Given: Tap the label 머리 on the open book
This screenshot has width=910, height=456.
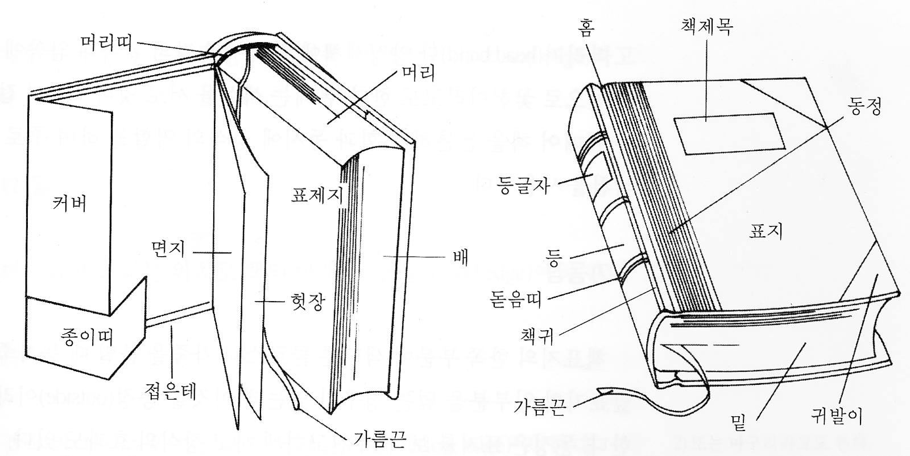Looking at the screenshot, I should [x=418, y=73].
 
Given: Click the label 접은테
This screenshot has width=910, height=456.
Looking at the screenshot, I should [x=171, y=391].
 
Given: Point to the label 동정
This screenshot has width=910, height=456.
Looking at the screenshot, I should [x=864, y=106].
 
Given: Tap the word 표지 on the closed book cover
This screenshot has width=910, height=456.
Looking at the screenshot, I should [x=766, y=230].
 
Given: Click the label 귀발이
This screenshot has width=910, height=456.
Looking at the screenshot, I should [x=837, y=417].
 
